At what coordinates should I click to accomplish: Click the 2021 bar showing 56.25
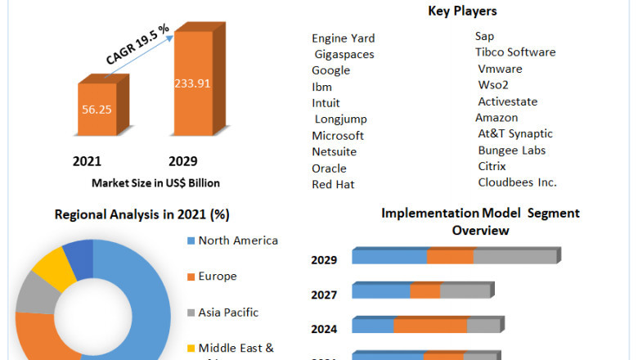pyautogui.click(x=97, y=109)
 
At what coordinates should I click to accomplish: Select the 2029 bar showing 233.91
pyautogui.click(x=194, y=82)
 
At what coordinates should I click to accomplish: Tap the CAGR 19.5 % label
pyautogui.click(x=138, y=44)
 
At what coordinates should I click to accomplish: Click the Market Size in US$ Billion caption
pyautogui.click(x=155, y=182)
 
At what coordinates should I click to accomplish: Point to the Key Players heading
pyautogui.click(x=462, y=11)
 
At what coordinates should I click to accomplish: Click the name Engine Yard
pyautogui.click(x=344, y=38)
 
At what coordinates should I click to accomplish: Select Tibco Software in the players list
pyautogui.click(x=515, y=52)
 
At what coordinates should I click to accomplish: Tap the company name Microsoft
pyautogui.click(x=338, y=135)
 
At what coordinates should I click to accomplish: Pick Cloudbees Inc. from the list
pyautogui.click(x=517, y=182)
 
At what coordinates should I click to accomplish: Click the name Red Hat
pyautogui.click(x=333, y=184)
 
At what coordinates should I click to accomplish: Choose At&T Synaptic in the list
pyautogui.click(x=515, y=133)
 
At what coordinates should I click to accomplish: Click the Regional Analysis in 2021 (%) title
pyautogui.click(x=142, y=214)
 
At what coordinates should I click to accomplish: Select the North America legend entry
pyautogui.click(x=238, y=241)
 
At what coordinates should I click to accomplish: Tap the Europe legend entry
pyautogui.click(x=218, y=277)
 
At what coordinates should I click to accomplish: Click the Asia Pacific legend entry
pyautogui.click(x=228, y=312)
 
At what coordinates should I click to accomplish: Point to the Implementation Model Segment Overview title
pyautogui.click(x=480, y=221)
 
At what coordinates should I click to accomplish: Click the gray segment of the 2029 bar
pyautogui.click(x=514, y=257)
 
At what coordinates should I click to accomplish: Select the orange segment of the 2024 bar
pyautogui.click(x=430, y=326)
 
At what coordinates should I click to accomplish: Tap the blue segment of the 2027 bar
pyautogui.click(x=381, y=291)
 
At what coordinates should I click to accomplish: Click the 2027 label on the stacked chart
pyautogui.click(x=324, y=294)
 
